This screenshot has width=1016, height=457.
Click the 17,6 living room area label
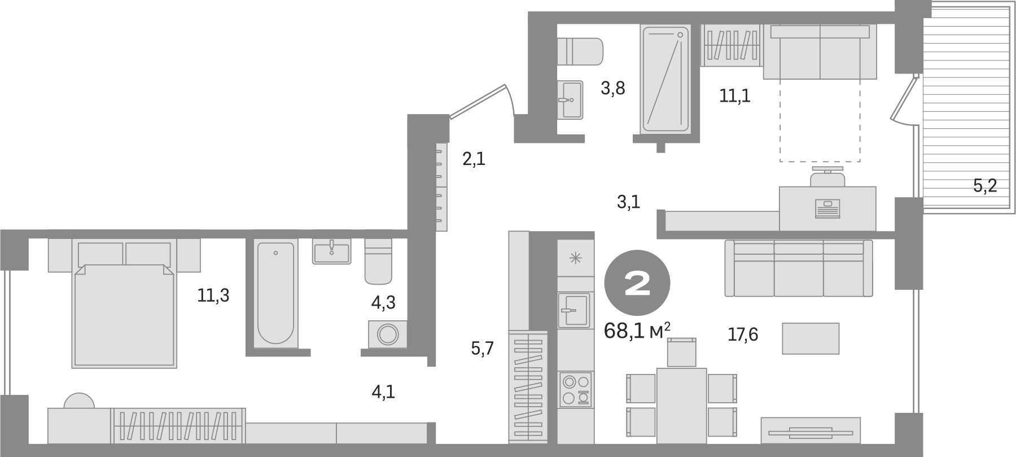(742, 335)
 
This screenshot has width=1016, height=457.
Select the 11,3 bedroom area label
(213, 295)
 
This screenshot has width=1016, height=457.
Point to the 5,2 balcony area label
(985, 186)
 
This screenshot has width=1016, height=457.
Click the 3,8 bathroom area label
(612, 88)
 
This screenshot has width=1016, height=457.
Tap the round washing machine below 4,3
(387, 334)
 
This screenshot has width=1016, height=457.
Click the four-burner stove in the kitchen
(575, 389)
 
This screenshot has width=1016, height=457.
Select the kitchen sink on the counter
(573, 310)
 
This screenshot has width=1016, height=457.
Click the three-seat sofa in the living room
(798, 268)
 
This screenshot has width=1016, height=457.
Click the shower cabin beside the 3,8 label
(665, 79)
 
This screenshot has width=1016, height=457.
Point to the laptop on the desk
(827, 208)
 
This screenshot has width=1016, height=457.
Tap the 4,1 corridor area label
(383, 391)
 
